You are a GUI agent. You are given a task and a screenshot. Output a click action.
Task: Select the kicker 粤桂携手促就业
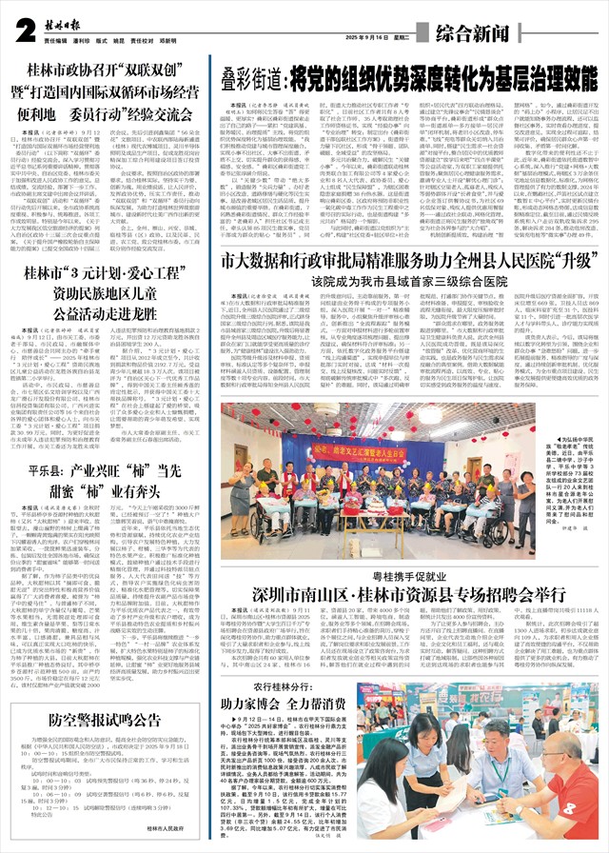pyautogui.click(x=405, y=603)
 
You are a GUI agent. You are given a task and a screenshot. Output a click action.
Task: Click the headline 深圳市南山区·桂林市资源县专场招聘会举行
pyautogui.click(x=405, y=620)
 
